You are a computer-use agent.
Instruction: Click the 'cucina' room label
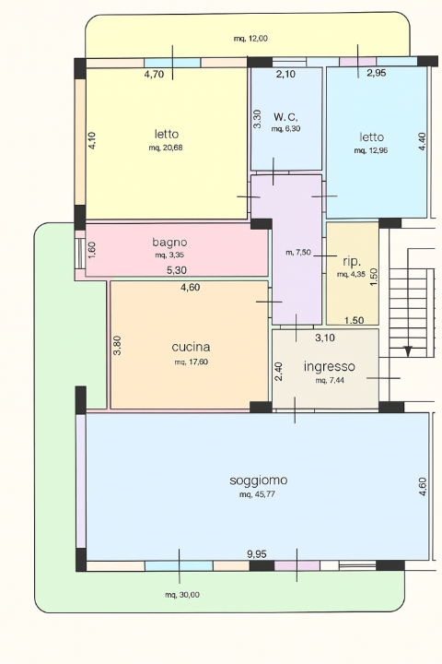coord(191,348)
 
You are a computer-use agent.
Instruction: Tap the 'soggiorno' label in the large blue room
coord(259,480)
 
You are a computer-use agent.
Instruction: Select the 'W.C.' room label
coord(285,117)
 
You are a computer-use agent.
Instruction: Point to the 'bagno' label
coord(169,243)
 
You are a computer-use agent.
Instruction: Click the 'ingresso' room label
coord(329,367)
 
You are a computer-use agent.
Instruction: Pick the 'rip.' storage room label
coord(352,262)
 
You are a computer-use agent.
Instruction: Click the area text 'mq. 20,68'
coord(166,148)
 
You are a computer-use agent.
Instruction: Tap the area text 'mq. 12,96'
coord(371,150)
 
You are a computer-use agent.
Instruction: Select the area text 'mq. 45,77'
coord(257,494)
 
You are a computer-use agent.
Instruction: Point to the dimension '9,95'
coord(257,554)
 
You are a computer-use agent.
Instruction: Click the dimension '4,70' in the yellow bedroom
coord(154,75)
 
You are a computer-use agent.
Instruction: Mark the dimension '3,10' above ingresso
coord(325,338)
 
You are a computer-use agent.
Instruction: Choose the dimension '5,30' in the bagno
coord(177,269)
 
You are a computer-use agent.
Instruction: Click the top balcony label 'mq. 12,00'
coord(250,39)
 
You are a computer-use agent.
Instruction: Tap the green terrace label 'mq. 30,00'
coord(182,595)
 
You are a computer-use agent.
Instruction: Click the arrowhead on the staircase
coord(408,351)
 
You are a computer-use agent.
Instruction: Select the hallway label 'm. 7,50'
coord(298,253)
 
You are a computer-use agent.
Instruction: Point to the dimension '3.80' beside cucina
coord(118,345)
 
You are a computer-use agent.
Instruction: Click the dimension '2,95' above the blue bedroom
coord(376,73)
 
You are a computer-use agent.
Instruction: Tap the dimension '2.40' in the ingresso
coord(278,372)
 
